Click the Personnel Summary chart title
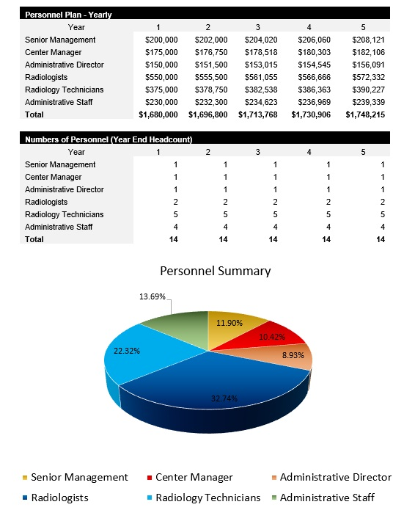(x=216, y=271)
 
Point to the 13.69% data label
(x=153, y=297)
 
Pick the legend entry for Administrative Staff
(x=327, y=498)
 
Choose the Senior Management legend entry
(x=79, y=477)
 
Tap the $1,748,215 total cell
(x=365, y=114)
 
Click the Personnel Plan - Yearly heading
(x=68, y=15)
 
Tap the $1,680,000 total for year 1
(x=158, y=114)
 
